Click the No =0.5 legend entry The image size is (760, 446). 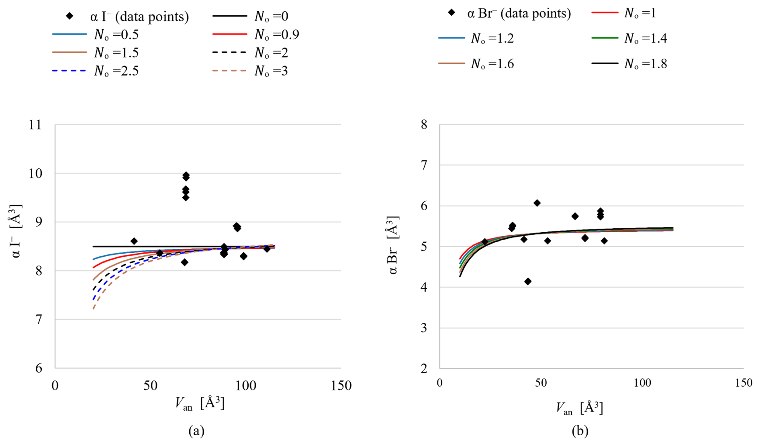(96, 35)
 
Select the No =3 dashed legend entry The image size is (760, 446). (250, 71)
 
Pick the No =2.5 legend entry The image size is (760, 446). (96, 71)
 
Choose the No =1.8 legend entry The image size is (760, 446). (629, 63)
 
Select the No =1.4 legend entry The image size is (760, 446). (629, 38)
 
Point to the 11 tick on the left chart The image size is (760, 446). (35, 125)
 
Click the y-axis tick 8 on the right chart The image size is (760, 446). (424, 125)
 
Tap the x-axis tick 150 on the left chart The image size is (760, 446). (341, 386)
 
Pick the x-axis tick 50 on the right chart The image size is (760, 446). (541, 383)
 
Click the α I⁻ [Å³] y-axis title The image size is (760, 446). (16, 231)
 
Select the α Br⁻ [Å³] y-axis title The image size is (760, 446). (393, 245)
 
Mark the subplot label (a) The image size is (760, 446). (196, 431)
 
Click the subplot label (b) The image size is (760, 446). (580, 431)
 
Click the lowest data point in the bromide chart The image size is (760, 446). (528, 281)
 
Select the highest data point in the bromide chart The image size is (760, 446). (537, 203)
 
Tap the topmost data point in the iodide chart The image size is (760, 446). (186, 175)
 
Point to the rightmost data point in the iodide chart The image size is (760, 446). (267, 249)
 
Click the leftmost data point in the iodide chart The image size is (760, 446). (134, 241)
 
